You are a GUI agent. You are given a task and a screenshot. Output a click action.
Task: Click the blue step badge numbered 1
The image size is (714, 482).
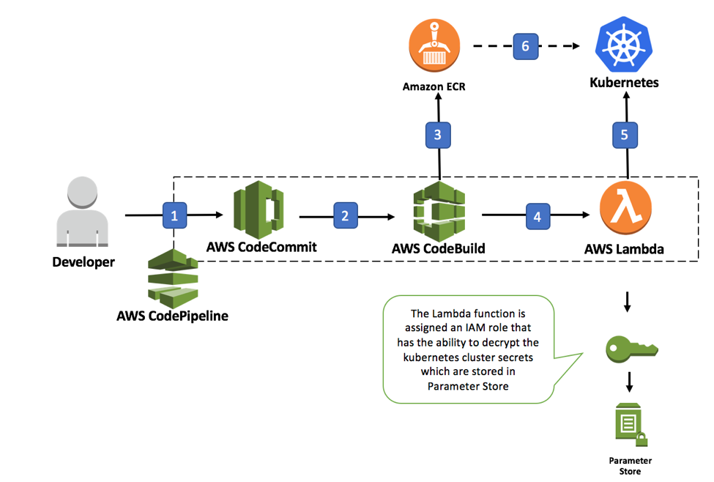point(174,216)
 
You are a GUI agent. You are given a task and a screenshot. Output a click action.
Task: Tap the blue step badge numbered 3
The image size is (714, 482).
point(438,135)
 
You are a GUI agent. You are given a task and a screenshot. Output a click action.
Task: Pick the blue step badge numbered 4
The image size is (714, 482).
point(538,217)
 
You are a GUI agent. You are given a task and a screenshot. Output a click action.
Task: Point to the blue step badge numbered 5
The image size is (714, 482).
point(624,135)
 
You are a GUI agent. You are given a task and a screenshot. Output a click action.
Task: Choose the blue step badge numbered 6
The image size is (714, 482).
point(525,45)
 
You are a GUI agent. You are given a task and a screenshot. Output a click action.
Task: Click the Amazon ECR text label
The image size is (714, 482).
point(434,86)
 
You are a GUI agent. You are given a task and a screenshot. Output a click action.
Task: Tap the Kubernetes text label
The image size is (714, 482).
point(624,83)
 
